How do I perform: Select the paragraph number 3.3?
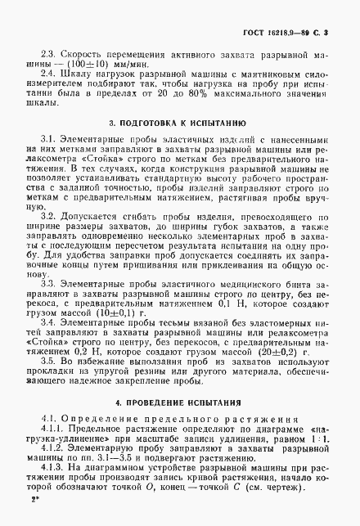[52, 303]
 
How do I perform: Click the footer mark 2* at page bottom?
[33, 520]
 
